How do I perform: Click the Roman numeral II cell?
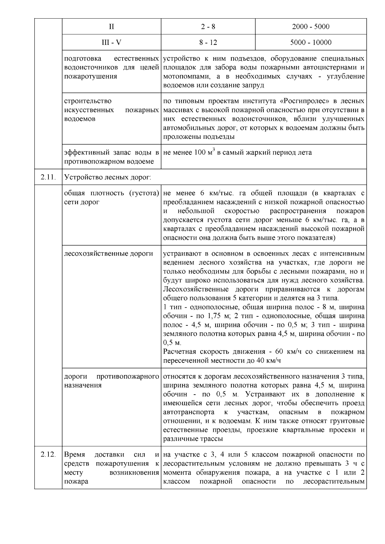[x=111, y=27]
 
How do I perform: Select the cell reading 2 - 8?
[x=208, y=27]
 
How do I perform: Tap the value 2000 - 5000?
[x=311, y=27]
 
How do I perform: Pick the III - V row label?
[x=111, y=42]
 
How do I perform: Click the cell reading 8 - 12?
[x=208, y=42]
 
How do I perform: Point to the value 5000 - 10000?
[x=311, y=42]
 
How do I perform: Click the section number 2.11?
[x=48, y=177]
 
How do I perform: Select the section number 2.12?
[x=48, y=455]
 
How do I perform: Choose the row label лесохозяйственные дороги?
[x=108, y=254]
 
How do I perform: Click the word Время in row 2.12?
[x=74, y=455]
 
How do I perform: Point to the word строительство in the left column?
[x=88, y=101]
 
